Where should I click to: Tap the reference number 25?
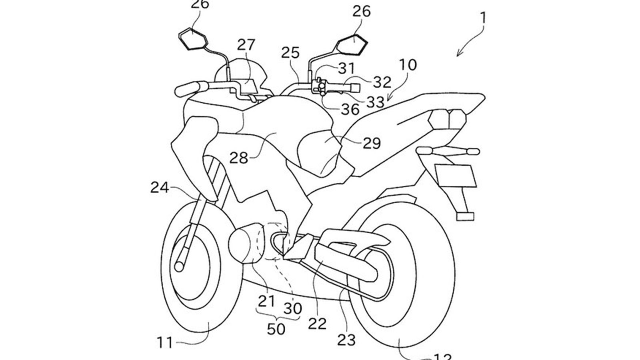(290, 53)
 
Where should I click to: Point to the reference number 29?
(372, 143)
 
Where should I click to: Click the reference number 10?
(407, 64)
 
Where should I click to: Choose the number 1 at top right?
(483, 18)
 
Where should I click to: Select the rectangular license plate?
(455, 175)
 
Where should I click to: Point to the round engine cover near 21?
(245, 244)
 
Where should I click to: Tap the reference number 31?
(346, 69)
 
